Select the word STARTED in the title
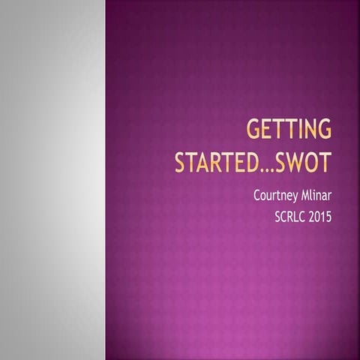(x=217, y=162)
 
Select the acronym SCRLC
(x=289, y=219)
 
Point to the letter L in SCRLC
(x=295, y=219)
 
